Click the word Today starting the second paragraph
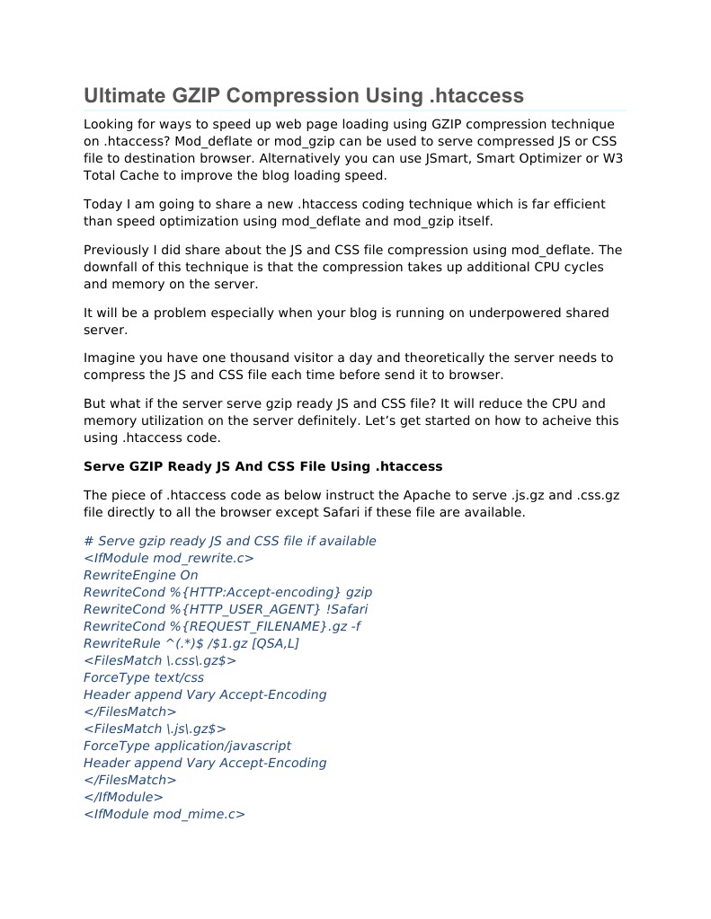click(x=103, y=204)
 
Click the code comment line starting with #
click(x=229, y=541)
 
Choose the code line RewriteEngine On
click(x=140, y=575)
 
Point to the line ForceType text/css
click(x=143, y=677)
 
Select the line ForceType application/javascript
click(x=187, y=746)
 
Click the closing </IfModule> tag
click(x=123, y=797)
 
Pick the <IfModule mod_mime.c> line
click(x=164, y=814)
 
